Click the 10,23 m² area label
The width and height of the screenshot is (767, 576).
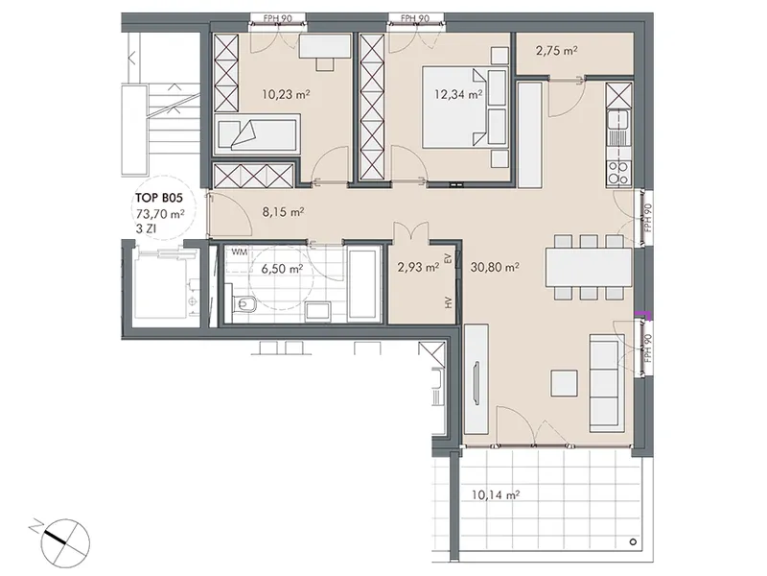pos(286,94)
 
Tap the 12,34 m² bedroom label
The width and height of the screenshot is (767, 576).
pos(459,94)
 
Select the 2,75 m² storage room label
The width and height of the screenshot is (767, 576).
pos(557,51)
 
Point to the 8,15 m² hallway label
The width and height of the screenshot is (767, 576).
pos(284,212)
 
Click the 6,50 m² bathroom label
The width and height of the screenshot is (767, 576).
pos(282,269)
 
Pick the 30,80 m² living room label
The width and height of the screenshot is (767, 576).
pos(495,267)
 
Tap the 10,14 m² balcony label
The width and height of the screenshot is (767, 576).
pos(496,495)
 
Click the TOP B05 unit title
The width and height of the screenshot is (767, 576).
pos(159,198)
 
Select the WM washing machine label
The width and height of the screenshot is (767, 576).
pos(239,252)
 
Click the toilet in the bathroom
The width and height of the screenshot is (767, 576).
pos(244,305)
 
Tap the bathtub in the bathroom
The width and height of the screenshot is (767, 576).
pos(363,284)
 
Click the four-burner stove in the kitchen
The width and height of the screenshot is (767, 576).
pos(617,173)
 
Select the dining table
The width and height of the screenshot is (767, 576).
pos(589,268)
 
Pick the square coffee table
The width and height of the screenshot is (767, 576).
pos(564,383)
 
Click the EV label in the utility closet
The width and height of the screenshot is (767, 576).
pos(447,258)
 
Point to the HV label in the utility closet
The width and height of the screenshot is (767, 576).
pos(448,302)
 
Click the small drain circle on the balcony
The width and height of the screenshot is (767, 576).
pos(633,541)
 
